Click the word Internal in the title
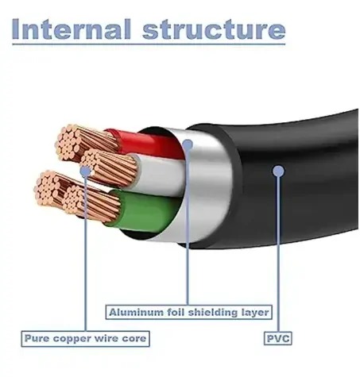point(72,29)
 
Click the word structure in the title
point(214,29)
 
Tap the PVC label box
point(278,338)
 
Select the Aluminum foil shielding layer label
point(189,312)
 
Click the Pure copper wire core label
point(85,339)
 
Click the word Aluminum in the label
point(136,313)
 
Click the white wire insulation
point(159,175)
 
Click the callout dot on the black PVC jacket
point(278,171)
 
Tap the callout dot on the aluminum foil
point(188,144)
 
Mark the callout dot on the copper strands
point(85,171)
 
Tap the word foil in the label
point(176,313)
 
